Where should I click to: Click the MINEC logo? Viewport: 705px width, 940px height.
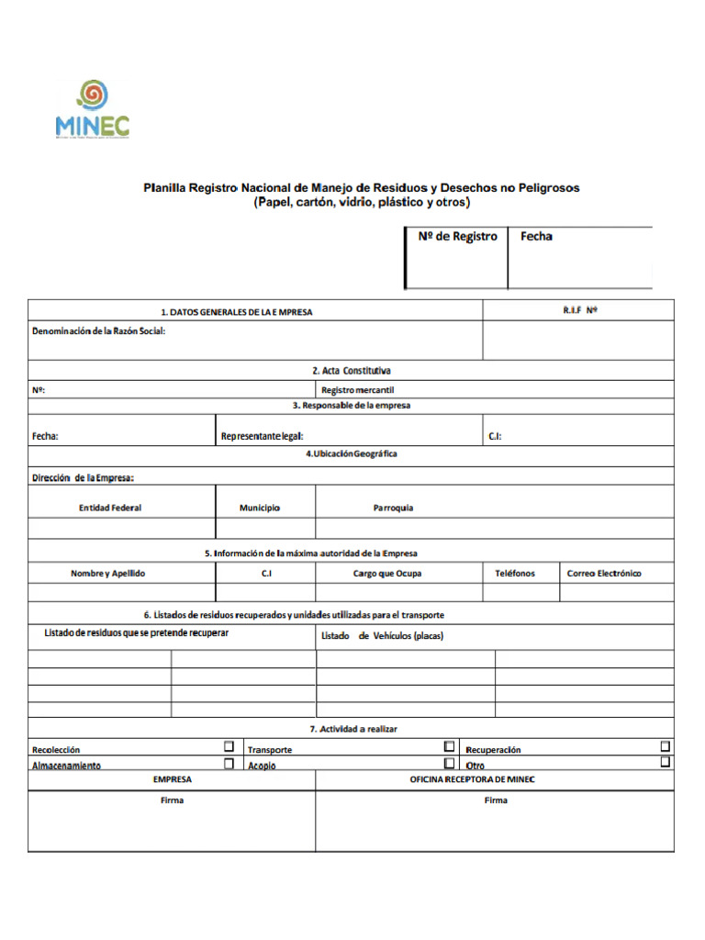92,109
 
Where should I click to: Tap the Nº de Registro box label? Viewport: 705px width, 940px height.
457,237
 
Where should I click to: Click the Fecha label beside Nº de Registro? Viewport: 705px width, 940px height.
536,237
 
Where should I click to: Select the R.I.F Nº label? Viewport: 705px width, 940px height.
580,310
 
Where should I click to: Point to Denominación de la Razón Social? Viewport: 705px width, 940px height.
98,330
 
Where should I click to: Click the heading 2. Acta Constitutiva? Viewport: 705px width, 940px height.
352,371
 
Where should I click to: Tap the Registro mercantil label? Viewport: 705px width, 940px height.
357,390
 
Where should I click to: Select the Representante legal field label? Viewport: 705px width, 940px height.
262,437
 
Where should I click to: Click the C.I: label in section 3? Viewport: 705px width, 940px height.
495,437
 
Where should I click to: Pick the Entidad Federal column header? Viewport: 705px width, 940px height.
110,508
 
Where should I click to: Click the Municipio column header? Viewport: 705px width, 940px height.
260,508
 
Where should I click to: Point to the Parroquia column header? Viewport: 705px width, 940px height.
393,508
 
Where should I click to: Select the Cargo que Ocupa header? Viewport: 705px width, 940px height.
387,574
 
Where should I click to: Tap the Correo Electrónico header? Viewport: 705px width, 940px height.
604,574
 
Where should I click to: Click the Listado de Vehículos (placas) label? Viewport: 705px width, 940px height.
382,636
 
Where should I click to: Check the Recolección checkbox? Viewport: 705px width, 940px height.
229,746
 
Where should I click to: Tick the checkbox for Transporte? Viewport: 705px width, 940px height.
449,746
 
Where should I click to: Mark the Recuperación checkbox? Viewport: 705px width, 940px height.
666,746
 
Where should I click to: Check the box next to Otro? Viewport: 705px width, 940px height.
666,762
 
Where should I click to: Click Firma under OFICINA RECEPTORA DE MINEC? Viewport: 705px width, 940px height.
496,800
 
